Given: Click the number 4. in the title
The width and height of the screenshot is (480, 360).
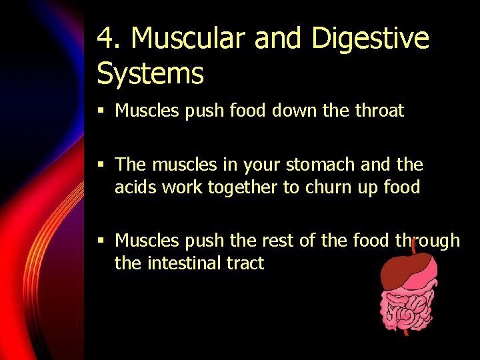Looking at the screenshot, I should (109, 39).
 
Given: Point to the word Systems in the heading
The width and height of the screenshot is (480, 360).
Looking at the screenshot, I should (150, 73).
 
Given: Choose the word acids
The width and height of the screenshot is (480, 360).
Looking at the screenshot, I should (136, 188).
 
